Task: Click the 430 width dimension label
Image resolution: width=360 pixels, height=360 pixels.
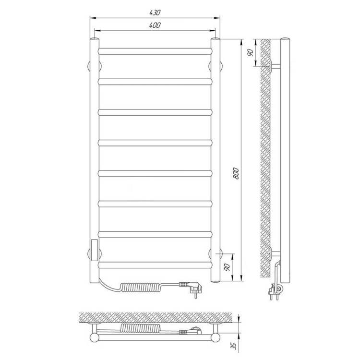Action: coord(155,13)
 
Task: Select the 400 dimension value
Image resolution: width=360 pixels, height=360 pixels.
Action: coord(155,25)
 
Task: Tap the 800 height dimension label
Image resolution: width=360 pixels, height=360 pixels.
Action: coord(236,174)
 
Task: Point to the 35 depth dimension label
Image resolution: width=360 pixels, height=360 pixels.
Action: coord(233,345)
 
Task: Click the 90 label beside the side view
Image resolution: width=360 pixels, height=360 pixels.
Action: coord(251,53)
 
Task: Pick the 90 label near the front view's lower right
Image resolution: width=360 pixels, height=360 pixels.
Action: coord(228,267)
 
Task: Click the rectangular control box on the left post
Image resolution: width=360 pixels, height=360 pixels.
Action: coord(95,250)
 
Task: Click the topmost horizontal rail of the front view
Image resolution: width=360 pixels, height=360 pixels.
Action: coord(155,51)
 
